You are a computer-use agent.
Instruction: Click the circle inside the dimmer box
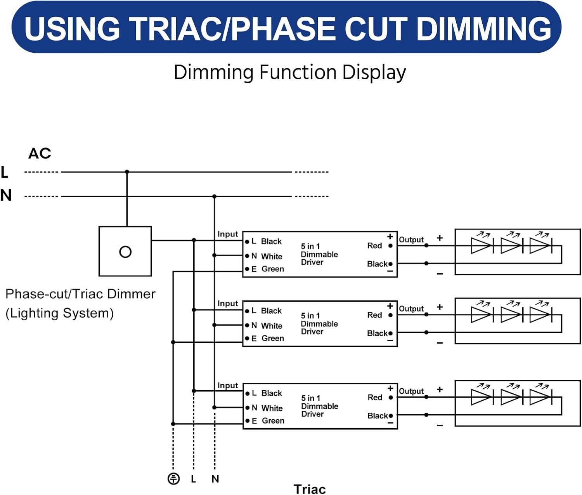(x=125, y=252)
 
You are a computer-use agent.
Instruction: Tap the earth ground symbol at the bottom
(x=173, y=479)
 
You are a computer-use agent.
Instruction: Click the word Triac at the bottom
(x=309, y=489)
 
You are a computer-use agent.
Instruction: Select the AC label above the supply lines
(x=40, y=154)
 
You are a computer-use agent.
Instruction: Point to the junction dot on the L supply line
(x=127, y=172)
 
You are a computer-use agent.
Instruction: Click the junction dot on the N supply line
(x=214, y=196)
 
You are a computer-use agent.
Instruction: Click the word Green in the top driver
(x=272, y=269)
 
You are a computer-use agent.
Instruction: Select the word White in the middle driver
(x=272, y=326)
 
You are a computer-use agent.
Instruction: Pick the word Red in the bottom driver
(x=375, y=398)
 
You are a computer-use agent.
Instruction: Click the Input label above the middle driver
(x=227, y=304)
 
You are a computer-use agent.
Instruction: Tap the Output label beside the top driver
(x=411, y=240)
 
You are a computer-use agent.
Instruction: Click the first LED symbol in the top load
(x=481, y=245)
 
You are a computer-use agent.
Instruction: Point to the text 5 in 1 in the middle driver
(x=310, y=316)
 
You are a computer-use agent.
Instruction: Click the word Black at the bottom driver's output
(x=377, y=416)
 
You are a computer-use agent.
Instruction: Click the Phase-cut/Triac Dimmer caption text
(x=80, y=294)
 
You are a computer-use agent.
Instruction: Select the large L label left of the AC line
(x=5, y=172)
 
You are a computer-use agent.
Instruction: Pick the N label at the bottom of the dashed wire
(x=215, y=479)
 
